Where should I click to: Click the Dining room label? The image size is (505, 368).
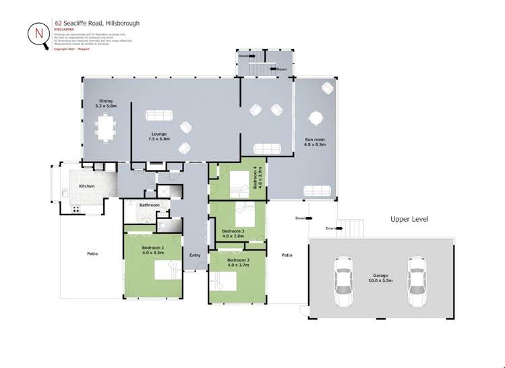pyautogui.click(x=106, y=103)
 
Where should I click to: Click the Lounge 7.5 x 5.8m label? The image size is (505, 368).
pyautogui.click(x=159, y=136)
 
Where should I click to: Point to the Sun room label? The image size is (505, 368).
pyautogui.click(x=315, y=142)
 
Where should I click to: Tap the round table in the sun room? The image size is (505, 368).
pyautogui.click(x=315, y=118)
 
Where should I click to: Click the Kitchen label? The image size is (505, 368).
pyautogui.click(x=87, y=186)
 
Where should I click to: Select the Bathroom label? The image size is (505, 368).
pyautogui.click(x=150, y=205)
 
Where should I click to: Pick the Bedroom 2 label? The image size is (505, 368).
pyautogui.click(x=239, y=262)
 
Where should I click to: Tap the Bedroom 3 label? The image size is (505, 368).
pyautogui.click(x=233, y=234)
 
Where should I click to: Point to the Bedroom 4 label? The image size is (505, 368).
pyautogui.click(x=256, y=178)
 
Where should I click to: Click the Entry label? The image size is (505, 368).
pyautogui.click(x=195, y=255)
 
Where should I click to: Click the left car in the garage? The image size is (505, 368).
pyautogui.click(x=344, y=281)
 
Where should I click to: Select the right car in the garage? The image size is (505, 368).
pyautogui.click(x=418, y=281)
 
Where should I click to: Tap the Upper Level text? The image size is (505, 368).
pyautogui.click(x=409, y=219)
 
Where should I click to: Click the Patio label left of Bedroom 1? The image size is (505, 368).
pyautogui.click(x=92, y=253)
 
